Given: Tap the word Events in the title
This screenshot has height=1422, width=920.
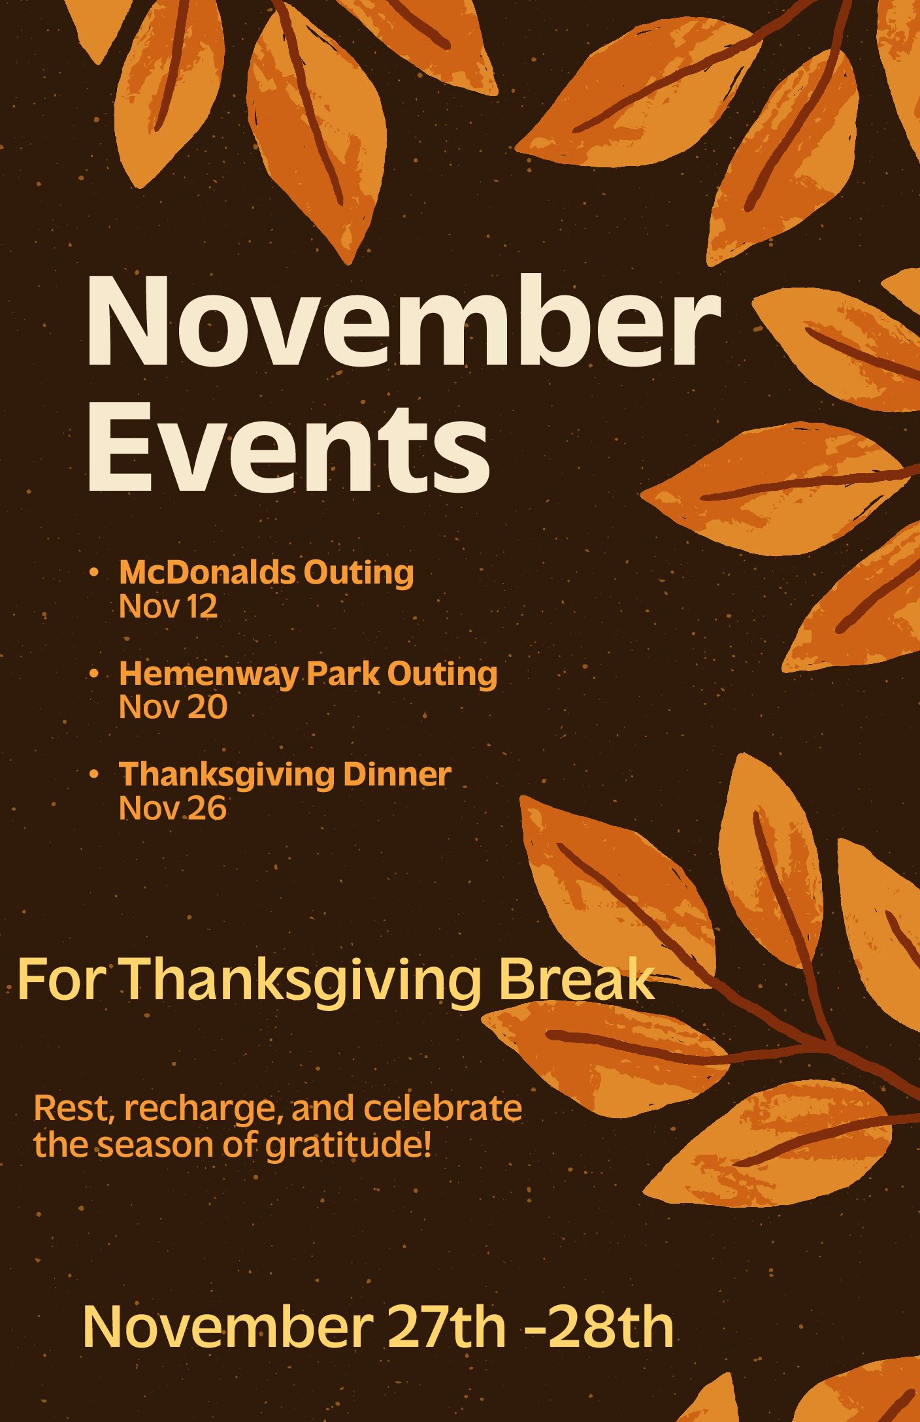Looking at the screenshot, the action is pyautogui.click(x=288, y=448).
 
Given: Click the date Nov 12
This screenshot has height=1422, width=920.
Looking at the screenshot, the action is pyautogui.click(x=168, y=606).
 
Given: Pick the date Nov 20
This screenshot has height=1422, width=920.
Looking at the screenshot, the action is pyautogui.click(x=173, y=707).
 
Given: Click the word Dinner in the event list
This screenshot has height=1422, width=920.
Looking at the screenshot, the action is pyautogui.click(x=397, y=774).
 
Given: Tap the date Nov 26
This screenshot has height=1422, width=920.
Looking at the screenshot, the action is pyautogui.click(x=172, y=808).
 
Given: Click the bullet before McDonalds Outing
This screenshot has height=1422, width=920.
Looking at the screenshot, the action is pyautogui.click(x=94, y=573).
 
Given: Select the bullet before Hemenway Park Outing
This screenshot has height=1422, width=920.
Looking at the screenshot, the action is pyautogui.click(x=94, y=673).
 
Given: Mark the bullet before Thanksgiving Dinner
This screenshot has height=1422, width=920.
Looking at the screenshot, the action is pyautogui.click(x=94, y=774).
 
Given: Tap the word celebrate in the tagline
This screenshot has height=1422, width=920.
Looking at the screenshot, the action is pyautogui.click(x=443, y=1108).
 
